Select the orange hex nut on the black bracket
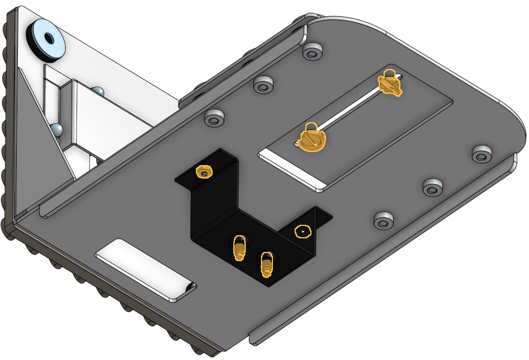(x=204, y=172)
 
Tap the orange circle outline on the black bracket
(x=303, y=232)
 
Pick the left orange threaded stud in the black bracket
(x=239, y=248)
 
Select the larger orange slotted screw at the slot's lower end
(x=312, y=139)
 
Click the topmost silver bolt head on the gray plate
(x=311, y=53)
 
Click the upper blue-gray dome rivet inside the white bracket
(x=98, y=91)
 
